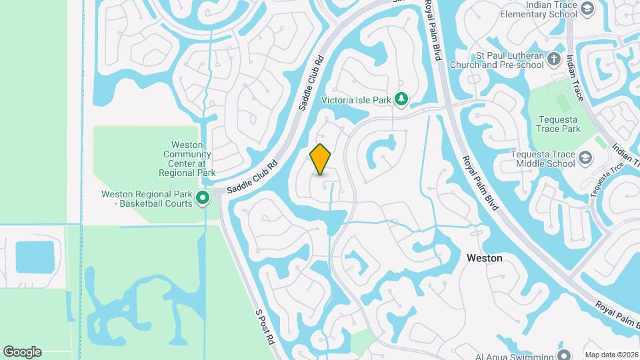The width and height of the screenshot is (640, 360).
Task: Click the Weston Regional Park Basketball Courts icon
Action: tap(203, 197)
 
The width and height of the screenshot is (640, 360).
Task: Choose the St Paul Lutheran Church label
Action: tap(497, 60)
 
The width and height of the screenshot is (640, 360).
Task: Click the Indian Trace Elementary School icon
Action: tap(587, 8)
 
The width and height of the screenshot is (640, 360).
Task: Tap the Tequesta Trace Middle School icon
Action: tap(585, 158)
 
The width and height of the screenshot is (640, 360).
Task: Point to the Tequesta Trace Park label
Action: tap(559, 124)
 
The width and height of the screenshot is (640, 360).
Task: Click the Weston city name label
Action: tap(485, 257)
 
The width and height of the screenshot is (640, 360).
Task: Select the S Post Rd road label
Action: tap(265, 326)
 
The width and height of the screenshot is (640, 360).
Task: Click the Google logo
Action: tap(22, 351)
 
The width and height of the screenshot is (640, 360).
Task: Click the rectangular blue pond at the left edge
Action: tap(35, 257)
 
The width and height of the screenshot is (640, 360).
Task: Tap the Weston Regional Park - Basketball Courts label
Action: tap(147, 199)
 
